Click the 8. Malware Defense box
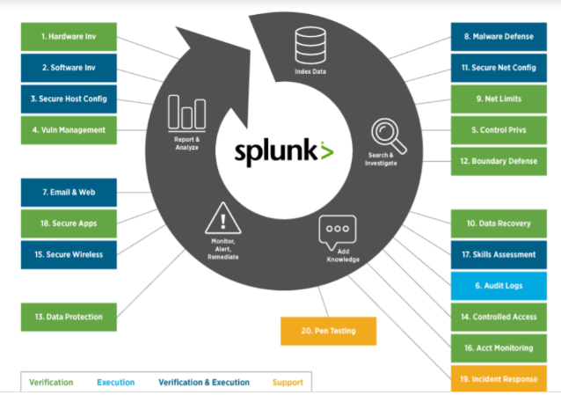(498, 37)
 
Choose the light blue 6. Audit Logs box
(498, 285)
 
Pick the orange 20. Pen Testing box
(329, 331)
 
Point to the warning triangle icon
(222, 216)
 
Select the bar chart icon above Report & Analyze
(186, 112)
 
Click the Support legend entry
(288, 383)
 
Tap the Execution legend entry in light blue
(116, 383)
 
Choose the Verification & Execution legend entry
(204, 383)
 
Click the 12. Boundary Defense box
(498, 161)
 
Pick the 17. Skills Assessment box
(498, 254)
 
